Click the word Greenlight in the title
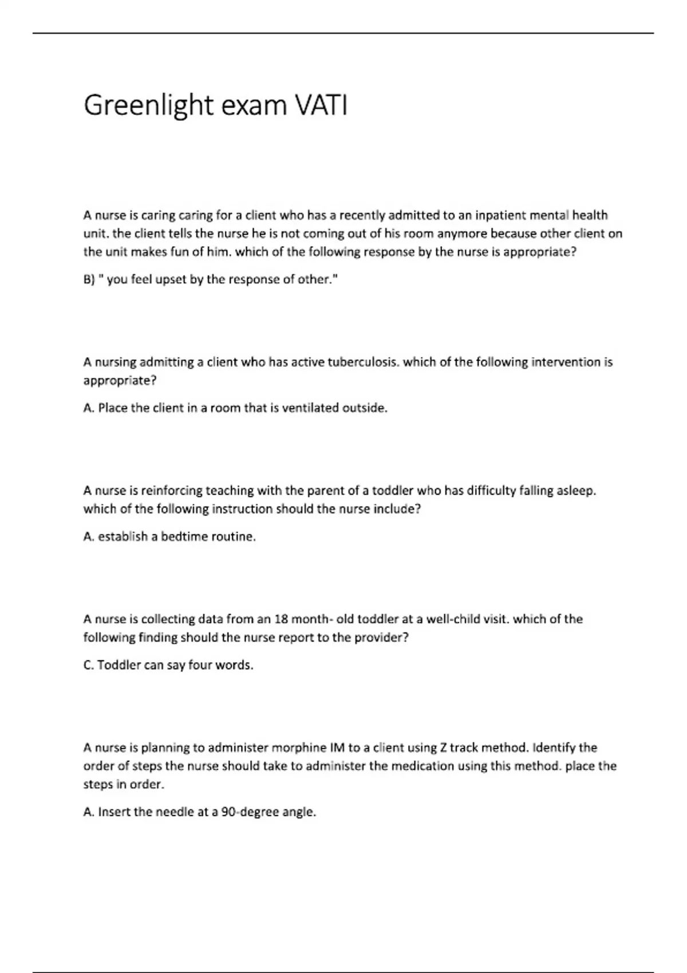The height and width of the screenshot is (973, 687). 148,106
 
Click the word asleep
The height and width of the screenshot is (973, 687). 576,491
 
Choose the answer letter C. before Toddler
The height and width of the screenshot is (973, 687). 89,665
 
